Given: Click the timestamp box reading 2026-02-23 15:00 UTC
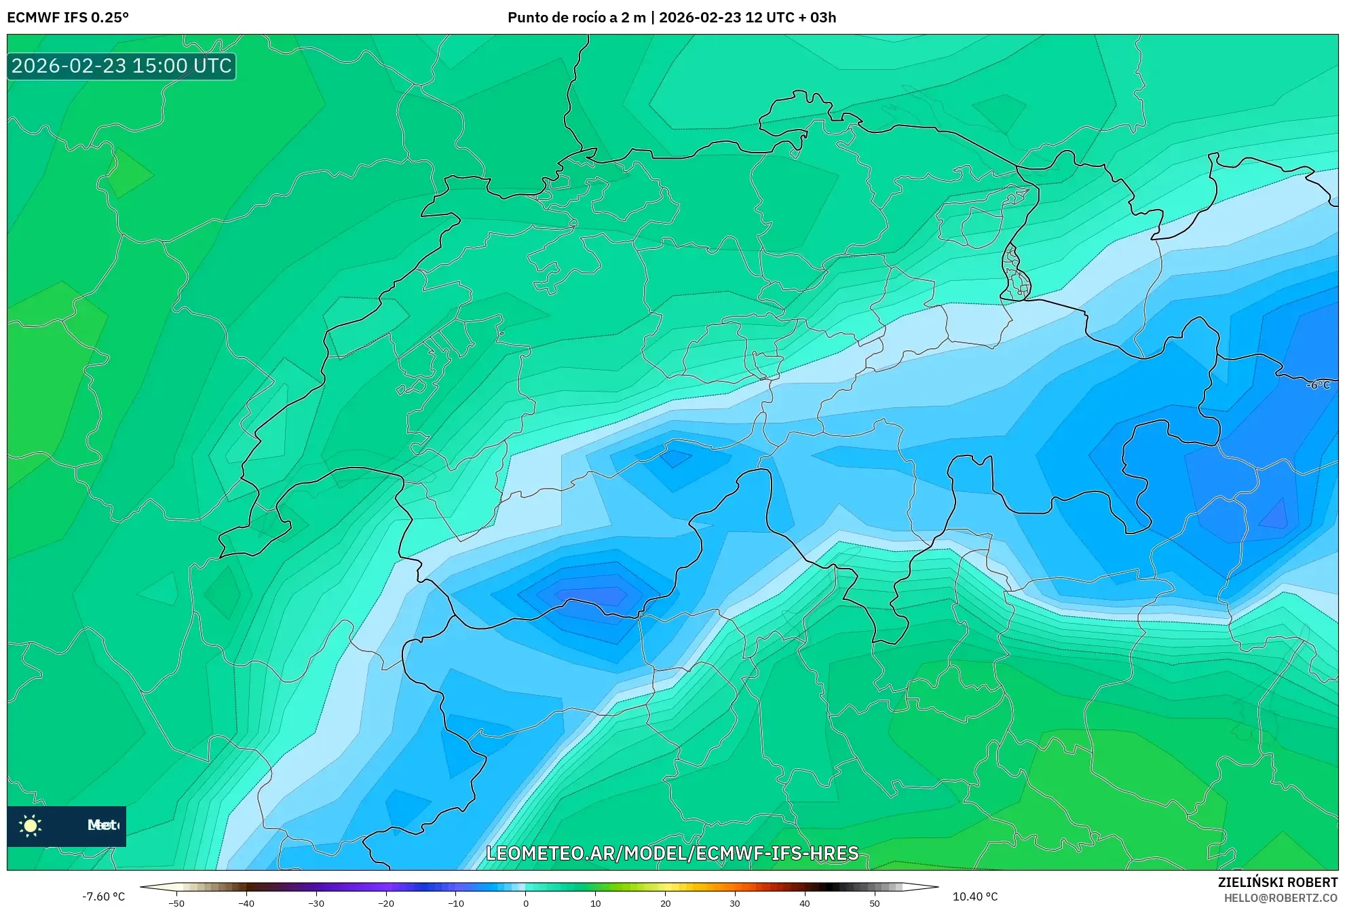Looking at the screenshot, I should (x=121, y=66).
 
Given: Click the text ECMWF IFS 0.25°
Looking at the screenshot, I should (x=68, y=18).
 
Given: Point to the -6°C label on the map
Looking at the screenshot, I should (x=1318, y=385).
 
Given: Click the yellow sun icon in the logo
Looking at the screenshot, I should (x=31, y=825).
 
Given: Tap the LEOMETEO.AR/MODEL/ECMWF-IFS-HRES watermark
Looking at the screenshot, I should (x=672, y=853).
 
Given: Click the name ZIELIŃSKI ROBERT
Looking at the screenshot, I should (x=1277, y=882).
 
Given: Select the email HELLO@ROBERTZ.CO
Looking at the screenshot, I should (x=1281, y=898).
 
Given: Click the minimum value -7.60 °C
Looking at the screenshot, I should (x=104, y=896).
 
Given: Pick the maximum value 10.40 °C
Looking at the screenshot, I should (x=975, y=896).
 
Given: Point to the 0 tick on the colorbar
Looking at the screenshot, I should (x=526, y=903).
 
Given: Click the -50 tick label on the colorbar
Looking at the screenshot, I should (x=176, y=903).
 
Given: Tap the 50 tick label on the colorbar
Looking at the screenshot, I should (x=874, y=903).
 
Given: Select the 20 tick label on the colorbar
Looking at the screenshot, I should (x=665, y=903).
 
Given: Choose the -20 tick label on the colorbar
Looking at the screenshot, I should (x=385, y=903).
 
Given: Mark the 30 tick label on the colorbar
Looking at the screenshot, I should (x=735, y=903).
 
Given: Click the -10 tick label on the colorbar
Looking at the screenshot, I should (x=455, y=903).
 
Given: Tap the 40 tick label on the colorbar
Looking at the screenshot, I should (x=804, y=903).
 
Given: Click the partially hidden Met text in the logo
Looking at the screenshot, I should (x=102, y=825).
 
